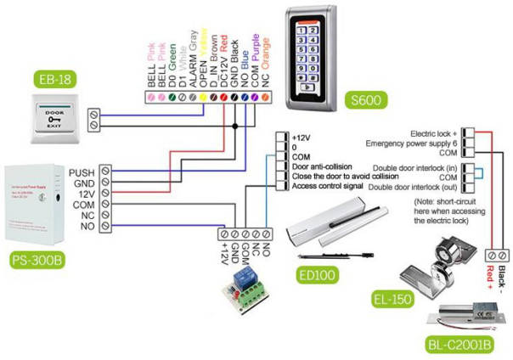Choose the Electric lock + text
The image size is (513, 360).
pyautogui.click(x=433, y=134)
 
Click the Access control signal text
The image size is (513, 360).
pyautogui.click(x=334, y=185)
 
